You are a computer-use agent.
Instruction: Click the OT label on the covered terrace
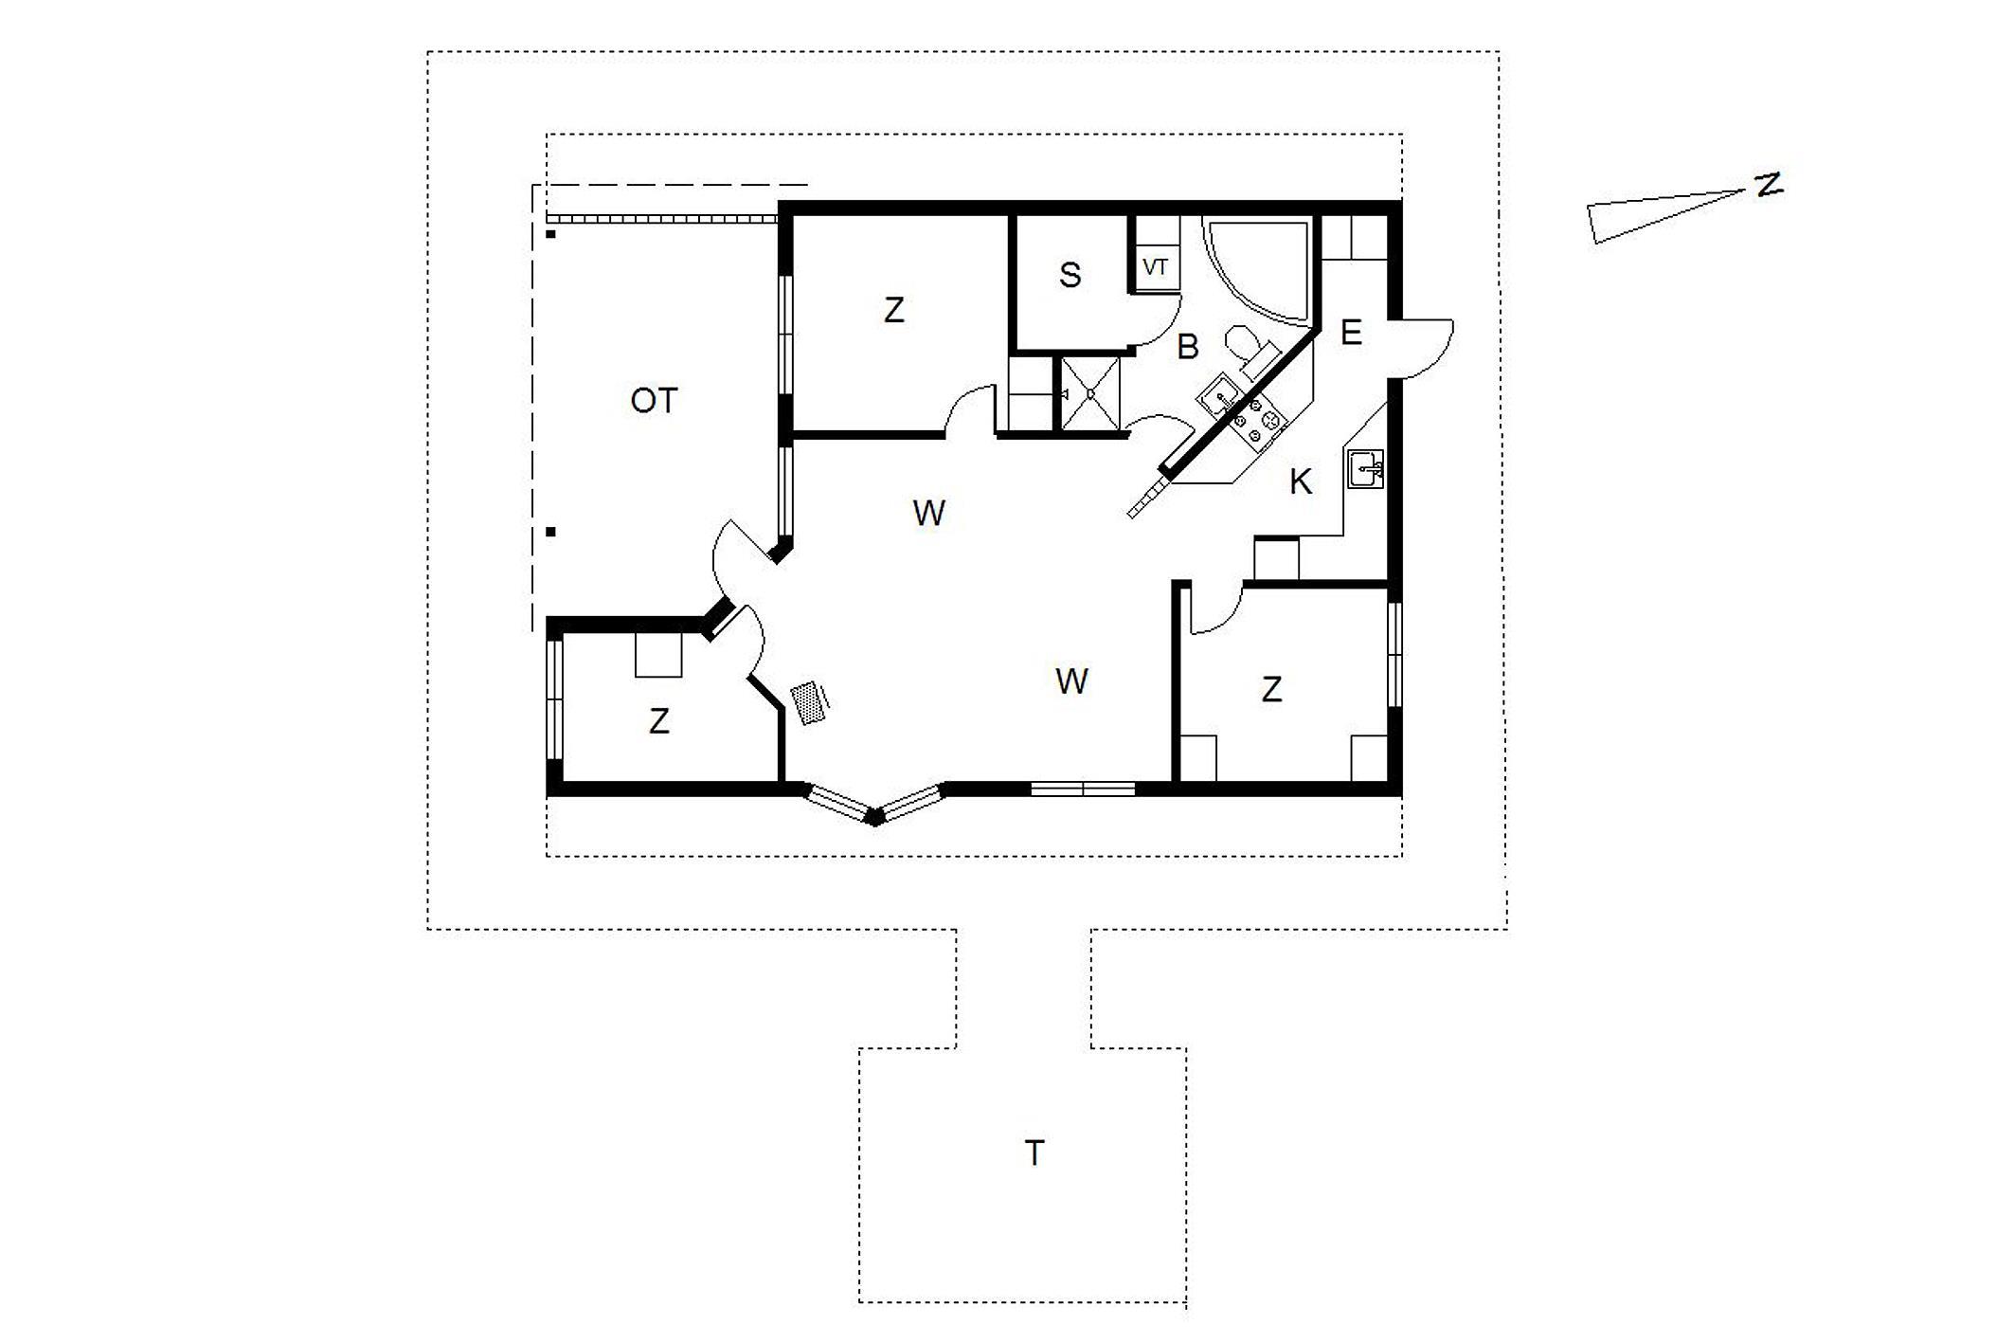[654, 401]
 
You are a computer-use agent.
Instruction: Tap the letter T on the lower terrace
[1034, 1153]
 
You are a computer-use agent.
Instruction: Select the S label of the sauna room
[1070, 275]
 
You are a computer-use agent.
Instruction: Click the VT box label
[1155, 267]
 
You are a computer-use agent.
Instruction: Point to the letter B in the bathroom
[1188, 347]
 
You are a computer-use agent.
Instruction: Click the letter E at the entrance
[1352, 332]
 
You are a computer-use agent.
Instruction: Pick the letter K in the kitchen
[1301, 482]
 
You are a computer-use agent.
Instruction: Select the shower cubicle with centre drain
[1090, 393]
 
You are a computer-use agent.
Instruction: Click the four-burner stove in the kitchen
[1255, 423]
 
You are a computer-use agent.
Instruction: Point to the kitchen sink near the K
[1365, 469]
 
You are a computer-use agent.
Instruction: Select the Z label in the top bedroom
[893, 310]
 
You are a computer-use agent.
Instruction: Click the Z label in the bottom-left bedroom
[659, 721]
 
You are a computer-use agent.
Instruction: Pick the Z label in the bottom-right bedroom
[1271, 689]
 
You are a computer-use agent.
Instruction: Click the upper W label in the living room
[928, 513]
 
